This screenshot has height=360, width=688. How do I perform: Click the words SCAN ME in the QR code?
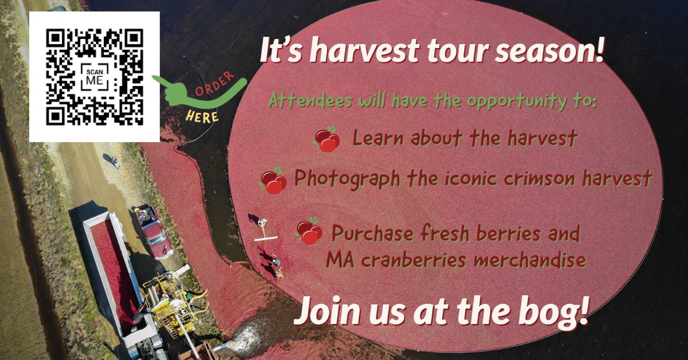click(95, 77)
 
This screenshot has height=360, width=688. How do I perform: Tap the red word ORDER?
click(215, 84)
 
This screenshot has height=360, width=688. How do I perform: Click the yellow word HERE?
click(202, 116)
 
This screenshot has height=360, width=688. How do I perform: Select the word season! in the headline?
click(550, 50)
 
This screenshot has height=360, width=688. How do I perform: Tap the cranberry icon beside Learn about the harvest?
click(326, 139)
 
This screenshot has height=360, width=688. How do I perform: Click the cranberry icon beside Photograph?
click(273, 181)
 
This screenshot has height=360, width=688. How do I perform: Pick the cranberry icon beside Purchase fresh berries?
click(308, 231)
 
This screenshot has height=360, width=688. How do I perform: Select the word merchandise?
click(530, 260)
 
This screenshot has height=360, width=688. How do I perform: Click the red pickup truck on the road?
click(154, 232)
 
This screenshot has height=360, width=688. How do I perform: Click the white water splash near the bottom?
click(246, 337)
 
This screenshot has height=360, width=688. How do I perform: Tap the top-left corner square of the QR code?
click(55, 38)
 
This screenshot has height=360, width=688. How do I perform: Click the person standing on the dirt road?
click(115, 162)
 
